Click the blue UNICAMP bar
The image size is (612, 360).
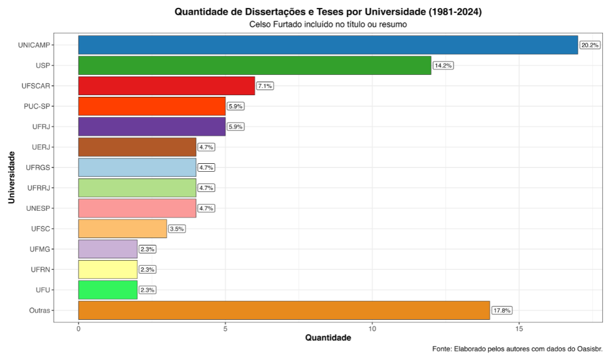[x=328, y=45]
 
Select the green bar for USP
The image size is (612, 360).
[x=255, y=65]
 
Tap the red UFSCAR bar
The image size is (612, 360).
[x=166, y=86]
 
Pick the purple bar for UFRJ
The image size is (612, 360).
[x=152, y=127]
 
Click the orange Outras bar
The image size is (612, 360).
[x=284, y=310]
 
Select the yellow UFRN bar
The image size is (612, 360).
[x=108, y=269]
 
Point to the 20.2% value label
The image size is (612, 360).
[x=589, y=45]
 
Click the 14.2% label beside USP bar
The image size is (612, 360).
[x=443, y=65]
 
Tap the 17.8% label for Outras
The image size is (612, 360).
[x=502, y=310]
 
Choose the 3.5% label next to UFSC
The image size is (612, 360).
[x=176, y=228]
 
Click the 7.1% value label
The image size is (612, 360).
[x=265, y=86]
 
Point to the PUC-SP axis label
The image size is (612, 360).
[x=37, y=106]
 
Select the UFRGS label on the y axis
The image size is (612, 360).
[x=38, y=167]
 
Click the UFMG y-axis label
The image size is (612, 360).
[x=40, y=249]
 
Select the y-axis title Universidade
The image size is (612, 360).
[x=12, y=177]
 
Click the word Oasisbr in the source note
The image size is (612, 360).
[x=588, y=349]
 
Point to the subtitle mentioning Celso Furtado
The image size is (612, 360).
[x=328, y=24]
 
